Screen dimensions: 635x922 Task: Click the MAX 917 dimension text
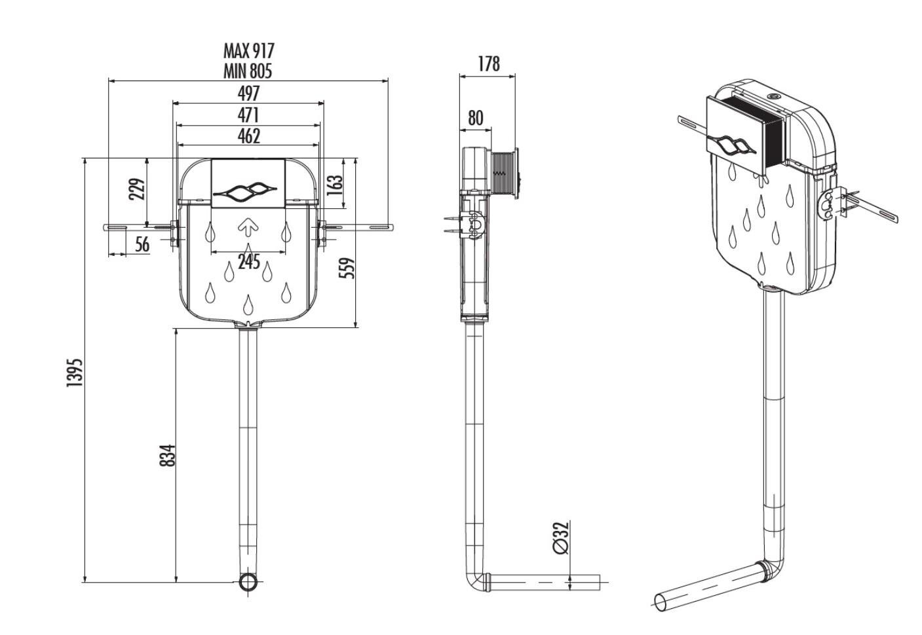pyautogui.click(x=248, y=51)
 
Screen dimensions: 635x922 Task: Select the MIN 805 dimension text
pyautogui.click(x=248, y=71)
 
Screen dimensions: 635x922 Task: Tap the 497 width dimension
pyautogui.click(x=248, y=93)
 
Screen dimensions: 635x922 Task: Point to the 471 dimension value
pyautogui.click(x=248, y=115)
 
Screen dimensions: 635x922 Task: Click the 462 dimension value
pyautogui.click(x=248, y=136)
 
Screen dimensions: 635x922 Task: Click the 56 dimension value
pyautogui.click(x=142, y=245)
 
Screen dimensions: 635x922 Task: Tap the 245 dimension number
pyautogui.click(x=248, y=263)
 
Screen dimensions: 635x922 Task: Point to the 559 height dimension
pyautogui.click(x=349, y=267)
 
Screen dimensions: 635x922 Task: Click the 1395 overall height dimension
pyautogui.click(x=74, y=372)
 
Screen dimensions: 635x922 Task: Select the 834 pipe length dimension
pyautogui.click(x=168, y=455)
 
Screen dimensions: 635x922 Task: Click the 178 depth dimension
pyautogui.click(x=488, y=64)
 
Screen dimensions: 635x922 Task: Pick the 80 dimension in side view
pyautogui.click(x=476, y=118)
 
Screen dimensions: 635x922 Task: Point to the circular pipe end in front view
pyautogui.click(x=248, y=582)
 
